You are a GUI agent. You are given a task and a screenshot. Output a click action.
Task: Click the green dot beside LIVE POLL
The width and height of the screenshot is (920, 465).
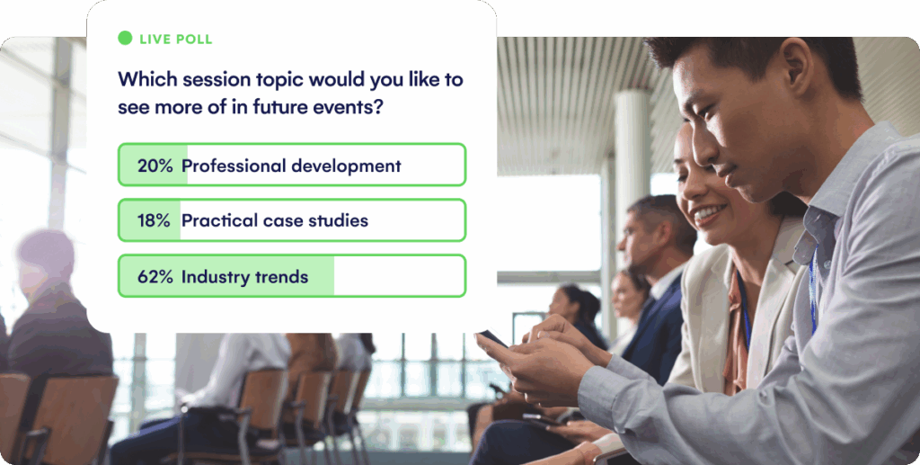pos(125,38)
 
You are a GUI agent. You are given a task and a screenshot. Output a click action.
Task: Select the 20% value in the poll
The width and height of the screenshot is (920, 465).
pos(155,165)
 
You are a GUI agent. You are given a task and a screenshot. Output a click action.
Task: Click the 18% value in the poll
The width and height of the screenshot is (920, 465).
pos(154,220)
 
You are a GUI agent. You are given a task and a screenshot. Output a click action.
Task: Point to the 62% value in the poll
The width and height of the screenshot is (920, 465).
pos(155,276)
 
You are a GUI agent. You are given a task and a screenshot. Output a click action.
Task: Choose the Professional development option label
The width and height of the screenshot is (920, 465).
pos(291,166)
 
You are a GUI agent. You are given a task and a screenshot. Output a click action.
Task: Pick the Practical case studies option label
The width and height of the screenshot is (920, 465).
pos(275,220)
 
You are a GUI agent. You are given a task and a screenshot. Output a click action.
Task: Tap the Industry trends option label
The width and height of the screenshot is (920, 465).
pos(244,276)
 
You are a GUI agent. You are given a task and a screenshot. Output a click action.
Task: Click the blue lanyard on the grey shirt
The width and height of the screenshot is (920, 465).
pos(812,289)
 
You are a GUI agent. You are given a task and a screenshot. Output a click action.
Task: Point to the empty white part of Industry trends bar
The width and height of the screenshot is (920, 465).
pos(398,276)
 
